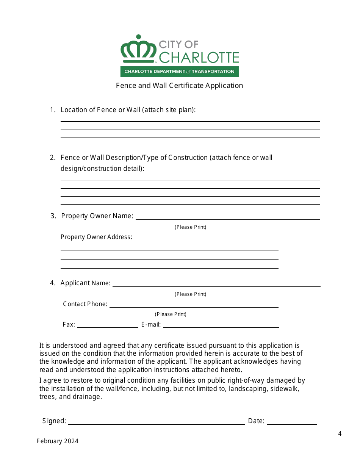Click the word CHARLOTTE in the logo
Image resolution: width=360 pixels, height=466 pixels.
coord(199,58)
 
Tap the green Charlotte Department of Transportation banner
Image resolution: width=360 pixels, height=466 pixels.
coord(179,72)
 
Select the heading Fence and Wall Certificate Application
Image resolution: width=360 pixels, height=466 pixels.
coord(179,86)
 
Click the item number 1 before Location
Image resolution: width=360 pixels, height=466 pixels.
coord(52,110)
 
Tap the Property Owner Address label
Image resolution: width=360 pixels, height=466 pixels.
coord(96,237)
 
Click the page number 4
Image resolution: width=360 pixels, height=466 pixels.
coord(340,433)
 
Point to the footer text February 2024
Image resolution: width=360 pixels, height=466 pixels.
coord(58,441)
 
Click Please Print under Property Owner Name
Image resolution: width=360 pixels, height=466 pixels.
coord(190,227)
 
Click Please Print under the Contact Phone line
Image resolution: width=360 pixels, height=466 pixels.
coord(171,314)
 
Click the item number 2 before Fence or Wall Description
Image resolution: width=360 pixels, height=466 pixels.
coord(52,158)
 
